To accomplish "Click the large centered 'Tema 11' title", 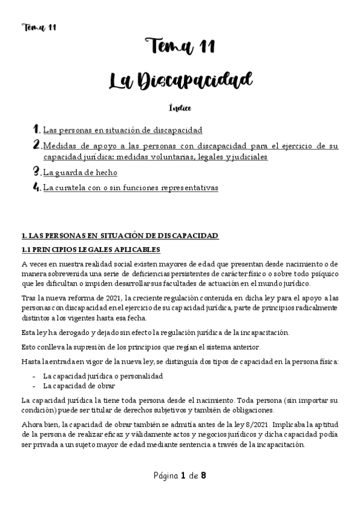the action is coord(180,46).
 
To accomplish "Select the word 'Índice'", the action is coord(180,108).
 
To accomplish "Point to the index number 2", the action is coord(37,145).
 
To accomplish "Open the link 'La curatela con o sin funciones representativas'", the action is coord(130,188).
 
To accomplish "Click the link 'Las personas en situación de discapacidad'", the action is coord(123,130).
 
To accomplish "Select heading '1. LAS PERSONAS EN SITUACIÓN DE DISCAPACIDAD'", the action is coord(119,236).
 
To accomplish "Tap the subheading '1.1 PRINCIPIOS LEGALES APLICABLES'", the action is coord(90,250).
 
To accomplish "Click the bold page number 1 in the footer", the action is coord(182,476).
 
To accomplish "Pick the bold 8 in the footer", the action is coord(204,476).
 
